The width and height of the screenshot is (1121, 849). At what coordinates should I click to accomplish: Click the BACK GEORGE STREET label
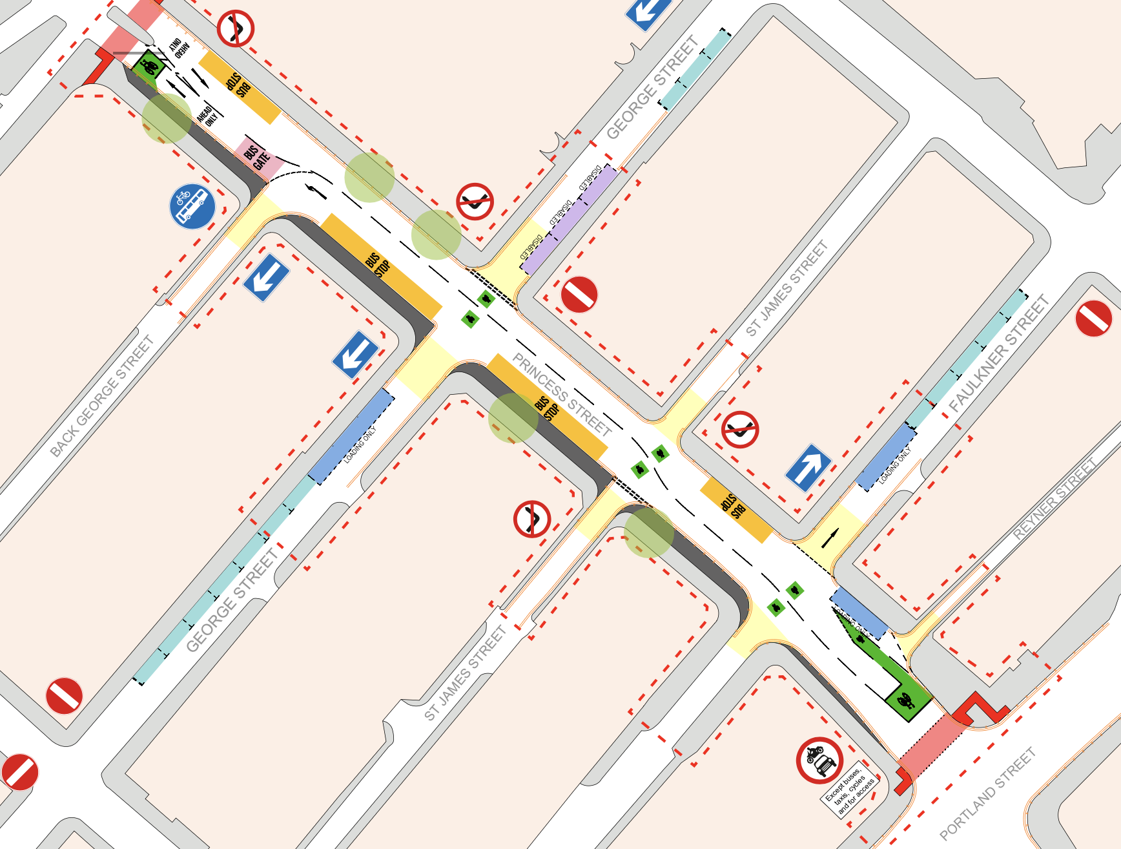point(102,396)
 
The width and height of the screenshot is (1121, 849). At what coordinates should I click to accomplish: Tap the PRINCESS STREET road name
point(561,394)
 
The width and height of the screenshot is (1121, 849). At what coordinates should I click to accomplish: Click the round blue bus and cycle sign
point(192,207)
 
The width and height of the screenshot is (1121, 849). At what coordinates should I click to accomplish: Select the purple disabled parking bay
point(569,219)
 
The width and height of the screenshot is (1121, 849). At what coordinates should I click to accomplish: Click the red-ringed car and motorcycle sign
point(819,760)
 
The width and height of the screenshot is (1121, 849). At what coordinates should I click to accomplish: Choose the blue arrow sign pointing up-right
point(808,467)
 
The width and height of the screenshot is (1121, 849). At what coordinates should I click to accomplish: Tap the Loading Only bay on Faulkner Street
point(886,456)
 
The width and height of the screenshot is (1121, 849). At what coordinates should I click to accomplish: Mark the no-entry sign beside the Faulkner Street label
point(1093,319)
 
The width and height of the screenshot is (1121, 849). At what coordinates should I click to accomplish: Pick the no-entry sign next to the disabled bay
point(579,295)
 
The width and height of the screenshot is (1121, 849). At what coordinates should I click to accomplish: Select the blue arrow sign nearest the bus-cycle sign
point(266,277)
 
